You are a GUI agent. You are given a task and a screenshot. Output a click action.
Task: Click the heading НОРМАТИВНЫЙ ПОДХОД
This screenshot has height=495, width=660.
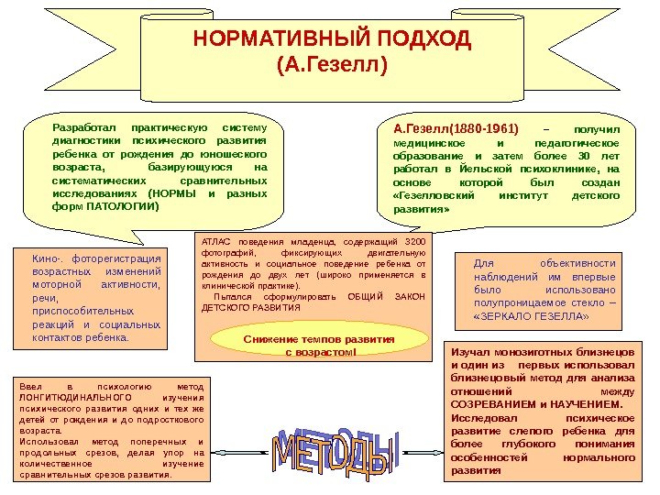pos(332,41)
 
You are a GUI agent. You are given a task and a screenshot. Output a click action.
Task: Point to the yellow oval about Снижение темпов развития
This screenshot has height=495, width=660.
pos(319,345)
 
